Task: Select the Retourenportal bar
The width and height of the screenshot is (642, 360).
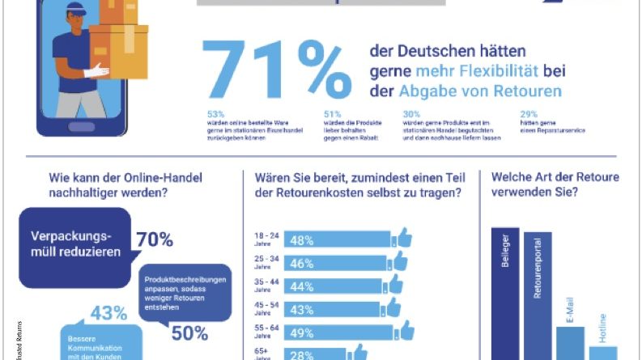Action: [538, 295]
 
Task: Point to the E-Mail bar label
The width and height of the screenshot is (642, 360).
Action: [570, 312]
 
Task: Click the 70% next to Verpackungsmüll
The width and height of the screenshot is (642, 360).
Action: [154, 239]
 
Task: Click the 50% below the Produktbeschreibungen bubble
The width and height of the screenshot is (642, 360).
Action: [189, 332]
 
